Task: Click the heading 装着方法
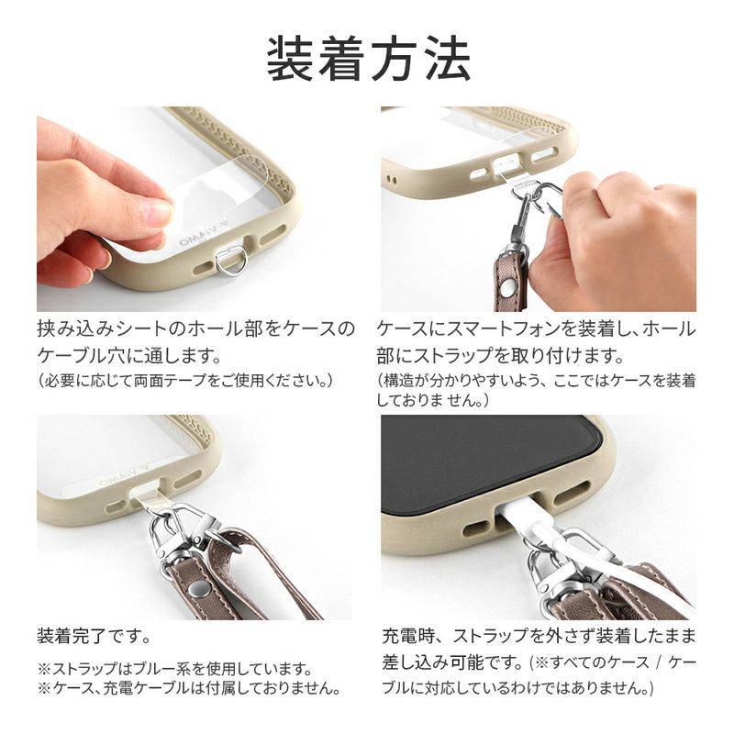[369, 60]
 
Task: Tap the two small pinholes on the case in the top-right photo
[393, 179]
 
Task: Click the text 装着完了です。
[95, 636]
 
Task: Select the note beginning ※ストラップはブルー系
[174, 669]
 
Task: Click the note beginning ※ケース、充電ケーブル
[189, 688]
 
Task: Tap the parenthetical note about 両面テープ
[185, 380]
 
